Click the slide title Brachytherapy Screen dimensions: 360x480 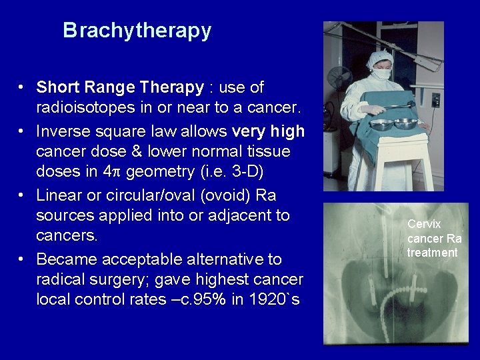click(x=137, y=31)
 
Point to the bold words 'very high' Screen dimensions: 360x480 click(x=269, y=131)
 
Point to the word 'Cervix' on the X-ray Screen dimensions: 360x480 click(x=424, y=225)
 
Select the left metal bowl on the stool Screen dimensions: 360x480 click(x=383, y=124)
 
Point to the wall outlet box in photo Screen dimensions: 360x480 click(x=435, y=100)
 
